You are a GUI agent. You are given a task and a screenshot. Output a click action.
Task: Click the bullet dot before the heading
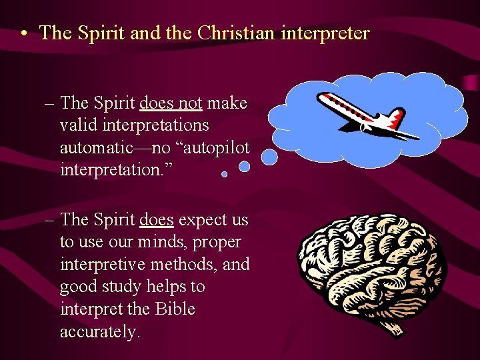(23, 34)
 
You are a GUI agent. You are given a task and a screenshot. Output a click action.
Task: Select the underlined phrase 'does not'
(171, 103)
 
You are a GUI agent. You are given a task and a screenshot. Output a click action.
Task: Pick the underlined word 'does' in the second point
(156, 219)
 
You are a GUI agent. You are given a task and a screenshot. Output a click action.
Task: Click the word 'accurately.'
(100, 332)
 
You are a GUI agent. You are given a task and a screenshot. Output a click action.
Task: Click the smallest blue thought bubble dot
(224, 174)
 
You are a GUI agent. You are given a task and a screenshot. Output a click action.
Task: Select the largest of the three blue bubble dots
(269, 157)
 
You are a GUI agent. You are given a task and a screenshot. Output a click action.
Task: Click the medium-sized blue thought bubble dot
(245, 167)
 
